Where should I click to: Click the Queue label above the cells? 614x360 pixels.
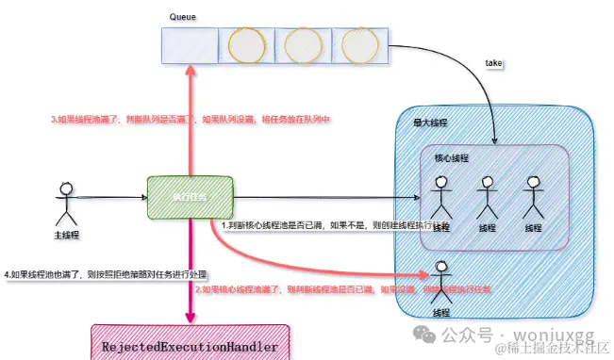(182, 18)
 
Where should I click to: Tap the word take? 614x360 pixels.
(493, 63)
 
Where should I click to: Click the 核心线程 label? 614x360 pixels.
(451, 159)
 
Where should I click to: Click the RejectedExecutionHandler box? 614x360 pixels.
(190, 347)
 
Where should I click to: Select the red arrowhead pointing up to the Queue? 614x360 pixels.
(190, 71)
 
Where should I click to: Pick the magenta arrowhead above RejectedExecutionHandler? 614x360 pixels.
(191, 318)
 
